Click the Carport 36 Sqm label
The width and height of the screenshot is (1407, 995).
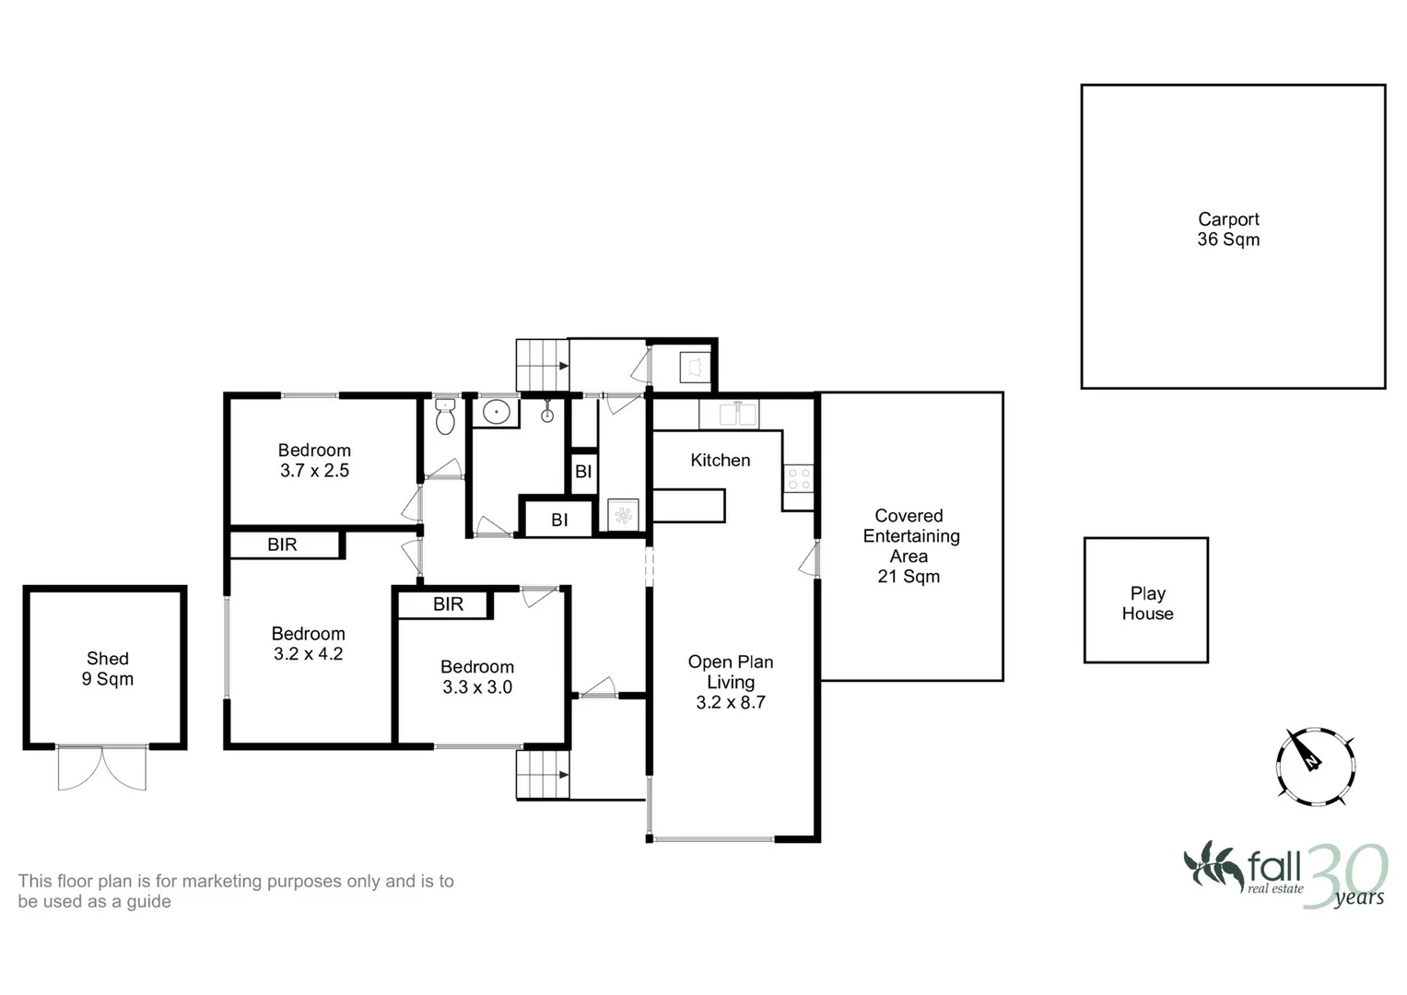(1228, 229)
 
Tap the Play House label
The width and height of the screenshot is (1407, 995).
(1147, 603)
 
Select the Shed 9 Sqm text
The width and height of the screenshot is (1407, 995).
(108, 668)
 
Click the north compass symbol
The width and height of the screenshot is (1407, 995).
(1315, 767)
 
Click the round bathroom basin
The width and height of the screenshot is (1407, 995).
(497, 413)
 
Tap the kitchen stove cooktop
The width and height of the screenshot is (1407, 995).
(798, 478)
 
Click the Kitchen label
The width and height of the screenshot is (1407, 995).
(720, 461)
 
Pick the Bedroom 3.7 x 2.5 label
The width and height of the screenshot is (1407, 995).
(314, 461)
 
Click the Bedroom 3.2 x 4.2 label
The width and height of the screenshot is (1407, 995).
(308, 643)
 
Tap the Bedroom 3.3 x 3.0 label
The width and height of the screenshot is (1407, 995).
(476, 676)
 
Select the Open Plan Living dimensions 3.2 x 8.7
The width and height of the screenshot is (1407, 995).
(731, 702)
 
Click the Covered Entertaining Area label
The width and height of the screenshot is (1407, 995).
(910, 545)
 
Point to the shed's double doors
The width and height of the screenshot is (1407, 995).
(101, 767)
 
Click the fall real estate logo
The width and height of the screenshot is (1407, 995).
(1284, 875)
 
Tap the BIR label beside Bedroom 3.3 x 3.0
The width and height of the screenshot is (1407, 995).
(448, 604)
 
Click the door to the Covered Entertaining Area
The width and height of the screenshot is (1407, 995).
(810, 559)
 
